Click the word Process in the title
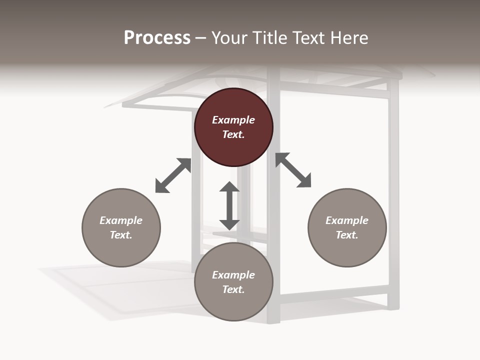pyautogui.click(x=157, y=38)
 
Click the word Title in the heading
pyautogui.click(x=267, y=38)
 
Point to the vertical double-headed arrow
pyautogui.click(x=229, y=205)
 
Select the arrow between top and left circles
pyautogui.click(x=173, y=175)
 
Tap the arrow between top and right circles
pyautogui.click(x=293, y=170)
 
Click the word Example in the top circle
pyautogui.click(x=233, y=120)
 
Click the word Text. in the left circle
pyautogui.click(x=121, y=235)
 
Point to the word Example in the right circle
pyautogui.click(x=347, y=220)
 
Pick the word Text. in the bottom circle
pyautogui.click(x=233, y=289)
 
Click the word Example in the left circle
pyautogui.click(x=121, y=220)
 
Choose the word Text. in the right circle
pyautogui.click(x=347, y=235)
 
